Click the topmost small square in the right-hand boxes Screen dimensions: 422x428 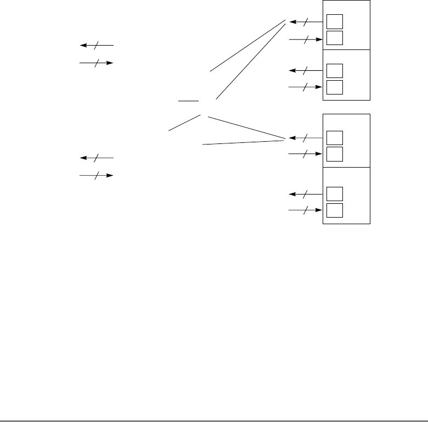click(x=334, y=21)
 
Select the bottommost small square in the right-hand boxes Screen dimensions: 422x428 click(x=334, y=210)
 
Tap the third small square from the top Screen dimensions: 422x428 click(x=334, y=71)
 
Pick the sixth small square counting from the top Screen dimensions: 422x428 click(x=334, y=154)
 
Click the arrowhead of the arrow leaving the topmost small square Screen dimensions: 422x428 click(x=291, y=22)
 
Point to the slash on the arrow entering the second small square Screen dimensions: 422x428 click(x=306, y=39)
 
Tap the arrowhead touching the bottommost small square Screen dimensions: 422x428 click(x=319, y=210)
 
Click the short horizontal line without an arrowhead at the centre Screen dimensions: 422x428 click(x=188, y=102)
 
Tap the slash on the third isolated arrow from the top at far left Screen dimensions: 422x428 click(x=97, y=158)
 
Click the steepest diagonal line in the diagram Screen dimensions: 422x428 click(x=251, y=60)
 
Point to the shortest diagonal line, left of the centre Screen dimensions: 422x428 click(x=183, y=124)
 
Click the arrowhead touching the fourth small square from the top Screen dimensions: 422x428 click(x=319, y=87)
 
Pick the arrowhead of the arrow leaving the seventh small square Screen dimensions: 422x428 click(x=291, y=194)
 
